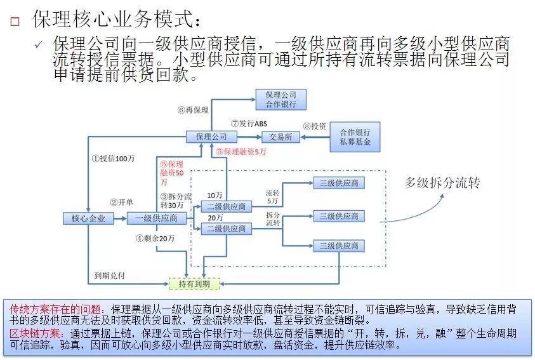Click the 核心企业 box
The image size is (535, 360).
pos(88,218)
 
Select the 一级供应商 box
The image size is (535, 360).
pos(156,218)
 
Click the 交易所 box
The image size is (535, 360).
pos(280,137)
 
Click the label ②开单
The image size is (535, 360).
pos(121,202)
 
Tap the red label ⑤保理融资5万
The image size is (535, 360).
pos(241,152)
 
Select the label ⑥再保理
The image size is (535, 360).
pos(193,110)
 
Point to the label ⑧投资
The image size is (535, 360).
pos(315,126)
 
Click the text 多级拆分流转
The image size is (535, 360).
pos(442,183)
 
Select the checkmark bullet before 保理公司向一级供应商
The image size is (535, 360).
pos(39,45)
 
